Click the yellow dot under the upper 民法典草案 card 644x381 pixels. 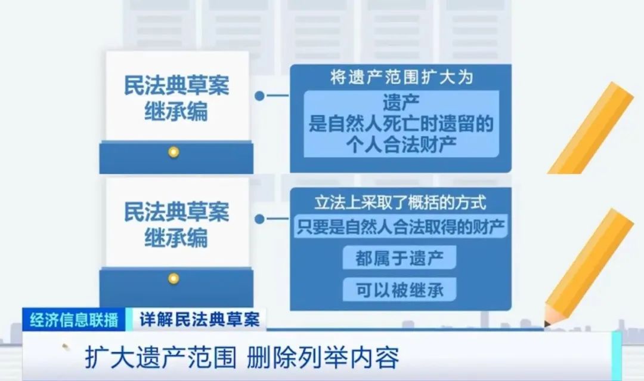[x=174, y=152]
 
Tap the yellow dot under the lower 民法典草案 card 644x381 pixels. [x=174, y=278]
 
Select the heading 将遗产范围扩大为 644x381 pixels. [x=401, y=78]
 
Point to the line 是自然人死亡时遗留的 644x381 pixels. [x=401, y=124]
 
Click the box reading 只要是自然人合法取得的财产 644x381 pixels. [x=401, y=226]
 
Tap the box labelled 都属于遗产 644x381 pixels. [x=400, y=258]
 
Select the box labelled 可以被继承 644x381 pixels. [x=400, y=290]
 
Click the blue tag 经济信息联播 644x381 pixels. [x=74, y=319]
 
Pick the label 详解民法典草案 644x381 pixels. [x=200, y=319]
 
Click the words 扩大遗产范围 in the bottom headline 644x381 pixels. [x=160, y=358]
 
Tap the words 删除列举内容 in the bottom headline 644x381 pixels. [x=323, y=358]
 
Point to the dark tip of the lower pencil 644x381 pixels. [x=547, y=324]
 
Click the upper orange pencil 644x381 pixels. [x=591, y=128]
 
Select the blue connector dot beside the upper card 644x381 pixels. [x=259, y=96]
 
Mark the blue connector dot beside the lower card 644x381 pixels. [x=259, y=219]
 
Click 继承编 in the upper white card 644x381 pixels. [x=176, y=112]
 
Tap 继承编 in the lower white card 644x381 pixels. [x=176, y=238]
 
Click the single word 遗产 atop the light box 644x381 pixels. [x=401, y=103]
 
